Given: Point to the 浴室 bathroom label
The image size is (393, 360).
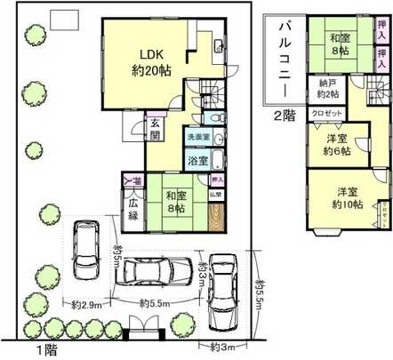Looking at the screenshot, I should pyautogui.click(x=196, y=161).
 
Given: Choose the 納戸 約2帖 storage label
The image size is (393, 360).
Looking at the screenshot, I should pyautogui.click(x=325, y=89).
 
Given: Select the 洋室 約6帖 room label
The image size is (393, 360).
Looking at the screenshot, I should pyautogui.click(x=333, y=146).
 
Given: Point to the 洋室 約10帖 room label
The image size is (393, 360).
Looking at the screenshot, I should pyautogui.click(x=347, y=198).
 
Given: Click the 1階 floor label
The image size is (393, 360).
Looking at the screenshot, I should pyautogui.click(x=37, y=350).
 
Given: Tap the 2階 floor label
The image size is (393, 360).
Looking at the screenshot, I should pyautogui.click(x=285, y=116).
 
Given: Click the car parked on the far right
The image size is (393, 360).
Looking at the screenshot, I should pyautogui.click(x=221, y=291).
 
